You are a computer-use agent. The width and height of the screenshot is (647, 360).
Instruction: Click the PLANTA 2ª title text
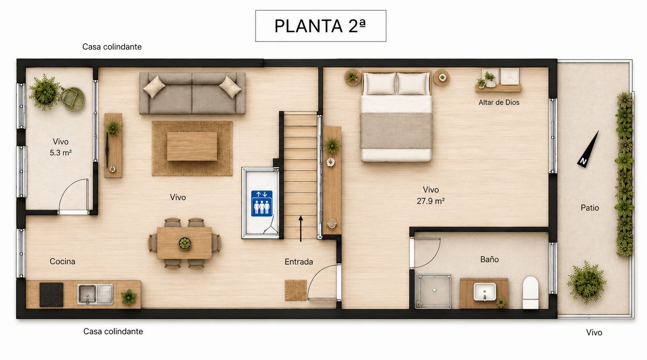coord(320,26)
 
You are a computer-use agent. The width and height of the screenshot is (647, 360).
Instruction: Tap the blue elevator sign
coord(262,203)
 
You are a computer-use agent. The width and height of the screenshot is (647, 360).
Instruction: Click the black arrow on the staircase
coord(301,229)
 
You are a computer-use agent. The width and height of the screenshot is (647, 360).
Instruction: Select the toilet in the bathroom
coord(531,292)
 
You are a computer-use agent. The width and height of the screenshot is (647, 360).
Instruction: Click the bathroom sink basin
coord(485,291)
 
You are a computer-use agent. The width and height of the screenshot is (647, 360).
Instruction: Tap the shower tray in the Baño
coord(433,291)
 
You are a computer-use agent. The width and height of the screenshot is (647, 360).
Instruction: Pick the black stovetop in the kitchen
coord(51,294)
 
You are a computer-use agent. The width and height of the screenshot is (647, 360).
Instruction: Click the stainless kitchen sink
coord(95,294)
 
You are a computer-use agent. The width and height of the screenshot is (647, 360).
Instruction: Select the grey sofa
coord(192,93)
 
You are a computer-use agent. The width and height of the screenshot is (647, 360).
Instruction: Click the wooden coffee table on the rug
coord(192,146)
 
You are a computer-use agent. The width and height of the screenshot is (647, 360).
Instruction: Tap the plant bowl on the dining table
coord(185,243)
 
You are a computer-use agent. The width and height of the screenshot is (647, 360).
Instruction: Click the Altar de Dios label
coord(499,103)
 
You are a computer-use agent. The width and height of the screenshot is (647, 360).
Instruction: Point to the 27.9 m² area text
coord(430,201)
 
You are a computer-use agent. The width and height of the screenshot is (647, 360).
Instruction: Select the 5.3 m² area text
coord(61,153)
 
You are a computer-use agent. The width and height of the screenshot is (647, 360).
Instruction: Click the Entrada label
coord(298,262)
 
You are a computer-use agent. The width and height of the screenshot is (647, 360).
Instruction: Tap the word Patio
coord(590,208)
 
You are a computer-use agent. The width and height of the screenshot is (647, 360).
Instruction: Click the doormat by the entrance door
coord(295,290)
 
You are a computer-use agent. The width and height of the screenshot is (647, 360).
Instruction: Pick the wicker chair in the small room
coord(73,99)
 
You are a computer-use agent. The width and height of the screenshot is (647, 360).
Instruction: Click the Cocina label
coord(63,262)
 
